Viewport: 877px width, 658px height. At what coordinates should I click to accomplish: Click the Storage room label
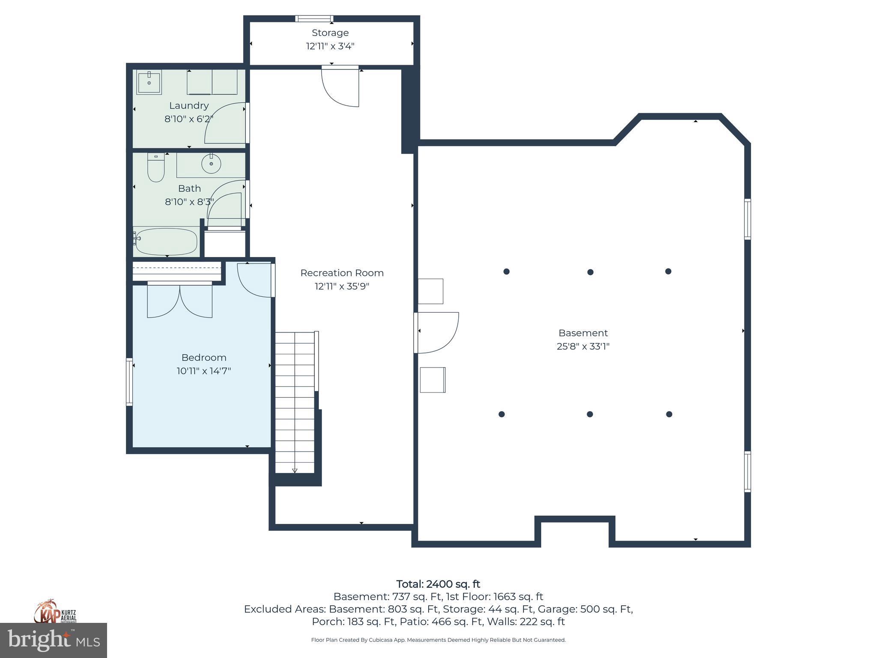click(330, 33)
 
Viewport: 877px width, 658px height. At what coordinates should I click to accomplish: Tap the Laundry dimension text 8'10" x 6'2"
click(188, 119)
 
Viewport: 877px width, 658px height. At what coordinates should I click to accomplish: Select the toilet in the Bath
click(156, 168)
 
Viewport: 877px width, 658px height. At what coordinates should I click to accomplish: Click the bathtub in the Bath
click(166, 242)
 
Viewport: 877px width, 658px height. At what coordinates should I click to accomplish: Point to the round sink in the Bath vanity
click(211, 164)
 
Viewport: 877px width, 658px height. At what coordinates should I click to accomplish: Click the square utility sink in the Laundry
click(149, 82)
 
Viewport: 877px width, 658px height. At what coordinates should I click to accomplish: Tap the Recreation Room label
click(342, 273)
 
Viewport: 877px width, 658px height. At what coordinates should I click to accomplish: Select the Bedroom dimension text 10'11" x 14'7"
click(203, 371)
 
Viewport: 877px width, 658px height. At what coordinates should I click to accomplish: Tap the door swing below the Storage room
click(341, 88)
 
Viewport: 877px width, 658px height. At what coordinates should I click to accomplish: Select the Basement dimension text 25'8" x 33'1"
click(583, 346)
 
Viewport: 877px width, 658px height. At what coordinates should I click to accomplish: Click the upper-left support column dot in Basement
click(506, 272)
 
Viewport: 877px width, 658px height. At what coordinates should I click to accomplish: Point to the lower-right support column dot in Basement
click(669, 414)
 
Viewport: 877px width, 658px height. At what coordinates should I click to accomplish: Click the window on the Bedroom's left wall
click(129, 382)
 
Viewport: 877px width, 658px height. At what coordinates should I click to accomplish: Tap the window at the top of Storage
click(314, 18)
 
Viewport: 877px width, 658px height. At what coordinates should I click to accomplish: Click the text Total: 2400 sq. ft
click(438, 584)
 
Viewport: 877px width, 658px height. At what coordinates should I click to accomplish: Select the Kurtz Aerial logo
click(55, 612)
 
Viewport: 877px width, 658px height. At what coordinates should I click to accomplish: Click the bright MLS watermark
click(54, 640)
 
